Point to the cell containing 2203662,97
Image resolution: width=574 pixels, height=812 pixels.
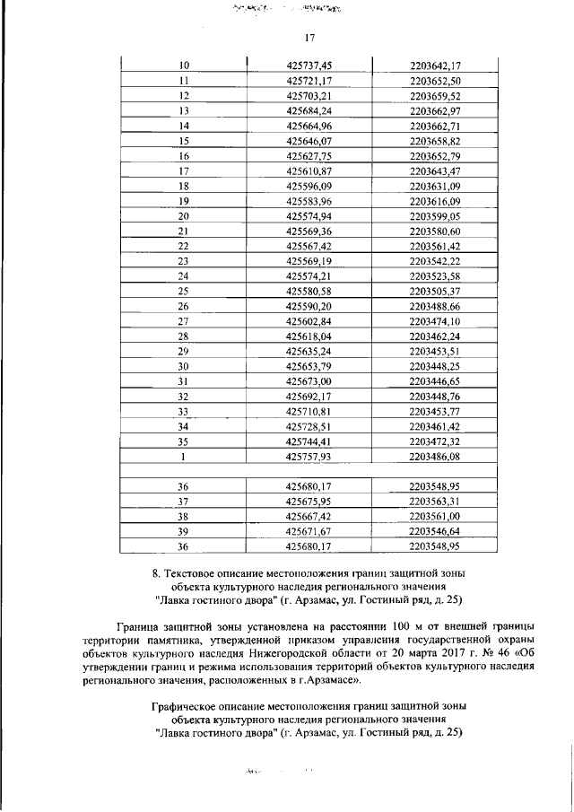(x=434, y=110)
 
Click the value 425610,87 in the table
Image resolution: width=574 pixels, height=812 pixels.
(x=309, y=170)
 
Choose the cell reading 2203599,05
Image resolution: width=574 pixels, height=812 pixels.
(x=434, y=216)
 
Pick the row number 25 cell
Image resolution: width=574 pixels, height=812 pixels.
(x=184, y=292)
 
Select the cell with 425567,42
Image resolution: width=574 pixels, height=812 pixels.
(x=309, y=246)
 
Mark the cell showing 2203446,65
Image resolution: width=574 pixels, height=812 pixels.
(x=434, y=382)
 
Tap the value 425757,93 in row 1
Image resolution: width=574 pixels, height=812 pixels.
(x=309, y=457)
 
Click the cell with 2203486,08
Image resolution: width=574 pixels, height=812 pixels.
(x=434, y=457)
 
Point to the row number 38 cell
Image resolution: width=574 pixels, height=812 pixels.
(x=184, y=517)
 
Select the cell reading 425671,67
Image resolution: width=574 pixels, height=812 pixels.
(x=309, y=531)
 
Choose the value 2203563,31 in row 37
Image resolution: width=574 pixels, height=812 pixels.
(x=434, y=502)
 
